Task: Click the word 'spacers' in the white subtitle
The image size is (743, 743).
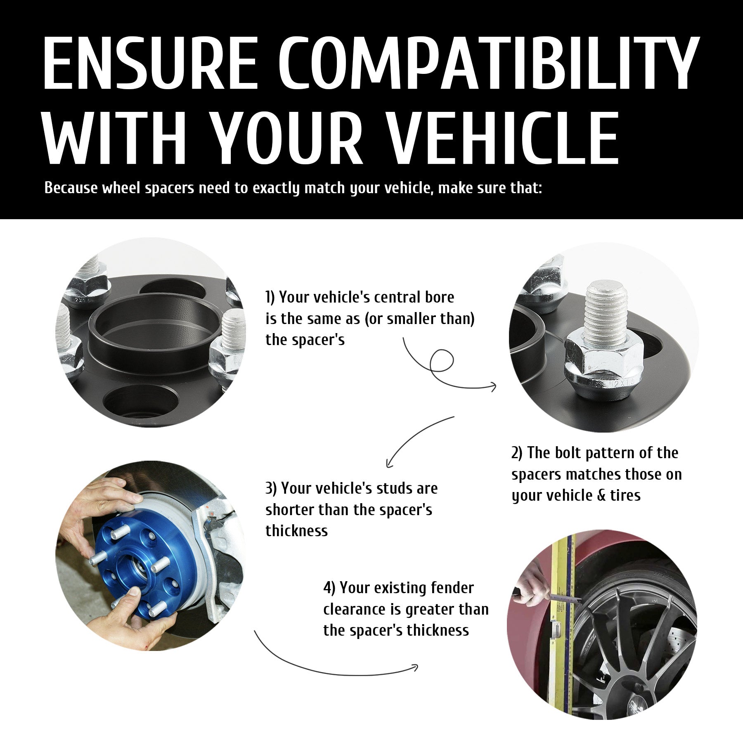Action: [170, 189]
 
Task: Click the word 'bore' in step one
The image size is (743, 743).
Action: [439, 297]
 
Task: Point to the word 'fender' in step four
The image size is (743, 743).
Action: [452, 588]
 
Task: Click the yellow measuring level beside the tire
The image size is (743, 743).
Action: [564, 619]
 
